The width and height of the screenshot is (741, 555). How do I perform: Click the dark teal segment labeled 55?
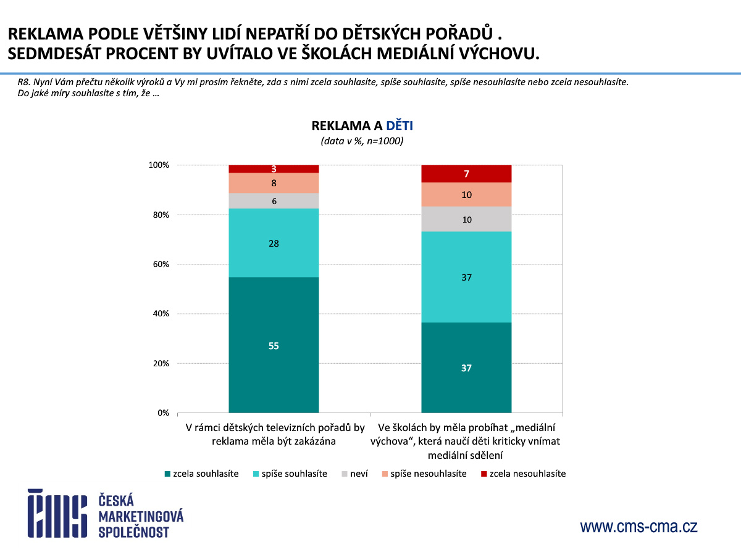pos(274,345)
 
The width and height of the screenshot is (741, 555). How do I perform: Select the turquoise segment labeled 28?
pos(274,244)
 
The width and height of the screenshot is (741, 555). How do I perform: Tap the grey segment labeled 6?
pos(274,201)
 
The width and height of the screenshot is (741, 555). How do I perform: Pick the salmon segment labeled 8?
pos(274,183)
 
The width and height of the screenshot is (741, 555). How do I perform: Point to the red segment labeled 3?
pos(274,169)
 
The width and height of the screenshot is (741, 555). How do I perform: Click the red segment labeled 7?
pos(466,174)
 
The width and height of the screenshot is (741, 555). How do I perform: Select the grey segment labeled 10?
pos(466,219)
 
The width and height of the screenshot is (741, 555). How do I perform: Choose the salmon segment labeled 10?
pos(466,195)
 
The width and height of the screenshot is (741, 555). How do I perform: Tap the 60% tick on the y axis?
pos(159,265)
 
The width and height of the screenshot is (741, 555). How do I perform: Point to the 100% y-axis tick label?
pos(158,165)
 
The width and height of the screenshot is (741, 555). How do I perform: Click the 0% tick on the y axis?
pos(162,413)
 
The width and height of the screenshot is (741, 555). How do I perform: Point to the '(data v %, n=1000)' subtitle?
pos(362,141)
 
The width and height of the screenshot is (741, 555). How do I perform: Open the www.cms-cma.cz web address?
pos(638,527)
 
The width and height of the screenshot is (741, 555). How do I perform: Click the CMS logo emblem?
pos(57,513)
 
